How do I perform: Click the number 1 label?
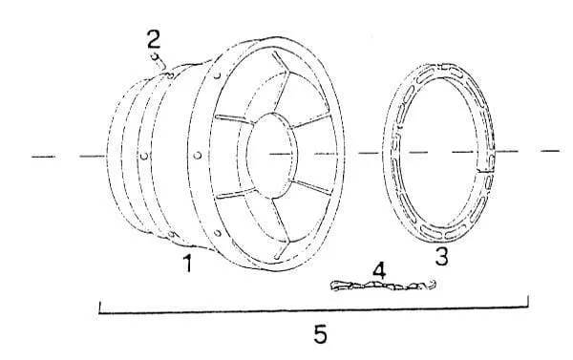188,264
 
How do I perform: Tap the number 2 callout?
154,39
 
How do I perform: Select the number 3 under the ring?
441,256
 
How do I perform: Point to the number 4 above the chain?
379,270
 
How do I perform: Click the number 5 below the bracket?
320,333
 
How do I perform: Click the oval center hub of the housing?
272,156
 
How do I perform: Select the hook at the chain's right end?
432,284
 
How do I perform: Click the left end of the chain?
332,286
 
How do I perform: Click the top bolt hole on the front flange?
217,75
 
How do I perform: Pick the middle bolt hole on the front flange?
198,156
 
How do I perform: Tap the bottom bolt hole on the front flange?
217,232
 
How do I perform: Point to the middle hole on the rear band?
144,156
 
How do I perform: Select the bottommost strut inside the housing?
282,249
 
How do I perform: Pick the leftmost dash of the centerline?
44,157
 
